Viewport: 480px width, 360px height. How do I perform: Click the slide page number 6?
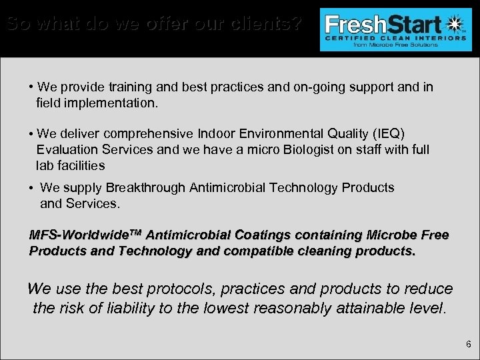(x=468, y=345)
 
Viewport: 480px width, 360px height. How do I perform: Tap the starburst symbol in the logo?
(x=457, y=24)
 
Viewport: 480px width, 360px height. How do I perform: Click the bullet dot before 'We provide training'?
(x=31, y=87)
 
